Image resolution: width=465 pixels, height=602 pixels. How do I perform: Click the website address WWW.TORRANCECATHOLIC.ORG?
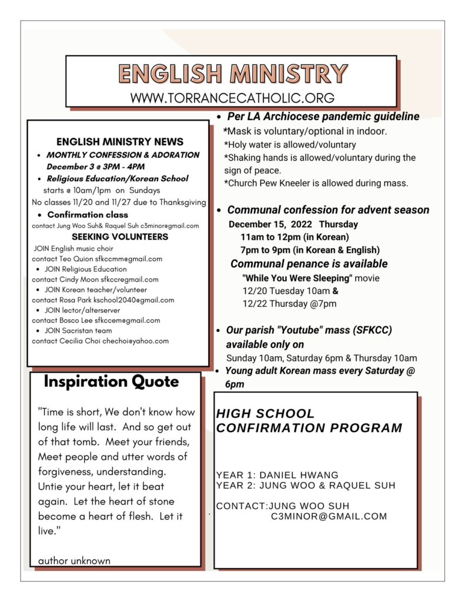pyautogui.click(x=232, y=98)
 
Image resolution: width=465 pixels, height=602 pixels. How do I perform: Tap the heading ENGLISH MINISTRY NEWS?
pyautogui.click(x=120, y=142)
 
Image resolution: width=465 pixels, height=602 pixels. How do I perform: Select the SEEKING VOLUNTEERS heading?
pyautogui.click(x=120, y=237)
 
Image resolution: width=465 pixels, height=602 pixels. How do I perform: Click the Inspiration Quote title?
pyautogui.click(x=111, y=382)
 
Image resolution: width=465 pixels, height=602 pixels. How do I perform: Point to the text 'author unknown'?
pyautogui.click(x=74, y=561)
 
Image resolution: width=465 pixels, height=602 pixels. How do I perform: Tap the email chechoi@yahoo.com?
pyautogui.click(x=136, y=341)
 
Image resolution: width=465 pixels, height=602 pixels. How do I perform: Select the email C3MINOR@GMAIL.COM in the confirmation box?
pyautogui.click(x=329, y=517)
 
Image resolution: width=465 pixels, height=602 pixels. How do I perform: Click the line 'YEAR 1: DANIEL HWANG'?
pyautogui.click(x=277, y=475)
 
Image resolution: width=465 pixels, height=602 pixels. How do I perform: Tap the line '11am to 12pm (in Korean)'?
pyautogui.click(x=295, y=238)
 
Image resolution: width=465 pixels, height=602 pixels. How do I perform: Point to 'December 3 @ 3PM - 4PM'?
pyautogui.click(x=95, y=166)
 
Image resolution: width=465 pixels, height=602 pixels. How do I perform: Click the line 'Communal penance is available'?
pyautogui.click(x=309, y=264)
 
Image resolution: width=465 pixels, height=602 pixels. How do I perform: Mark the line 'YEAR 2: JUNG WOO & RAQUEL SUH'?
pyautogui.click(x=306, y=486)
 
